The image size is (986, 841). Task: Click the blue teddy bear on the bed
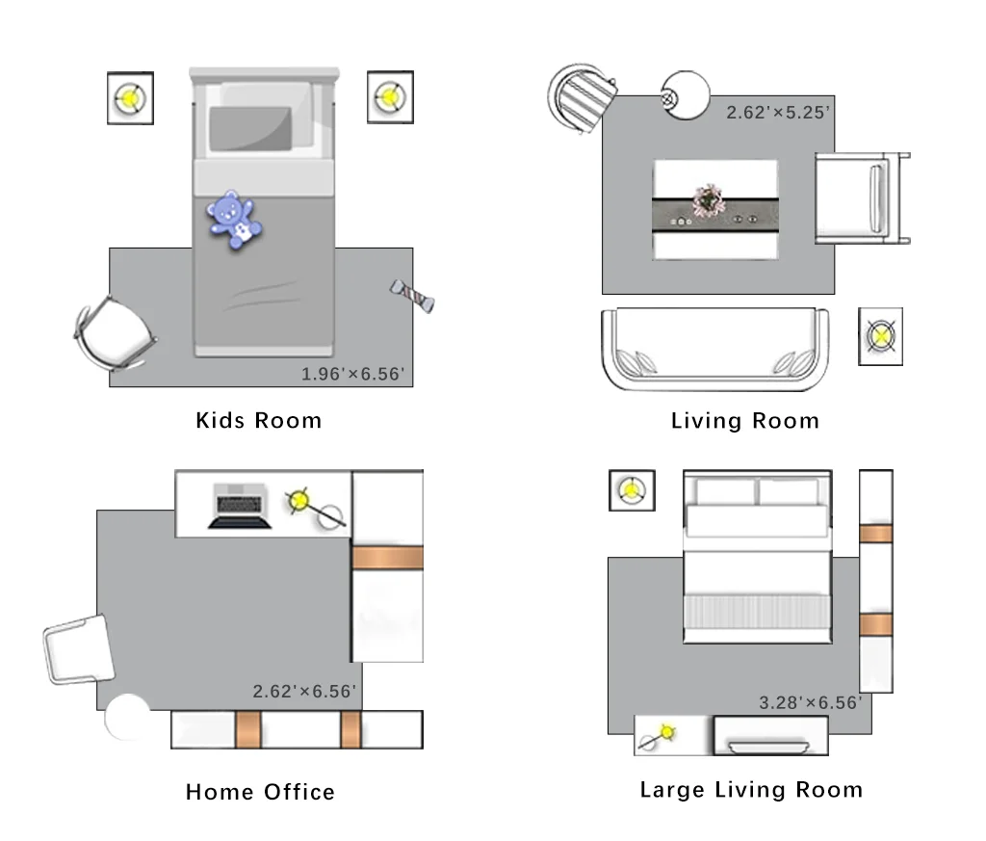coord(234,220)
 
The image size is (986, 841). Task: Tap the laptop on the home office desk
coord(240,506)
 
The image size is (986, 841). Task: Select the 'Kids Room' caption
coord(258,420)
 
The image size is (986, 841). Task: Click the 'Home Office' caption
coord(260,792)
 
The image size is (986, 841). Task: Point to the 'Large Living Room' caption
coord(751,790)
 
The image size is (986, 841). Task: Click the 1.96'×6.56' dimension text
coord(352,375)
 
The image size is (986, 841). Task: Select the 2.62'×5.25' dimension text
coord(778,113)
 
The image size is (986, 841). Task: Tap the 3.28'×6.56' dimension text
coord(811,702)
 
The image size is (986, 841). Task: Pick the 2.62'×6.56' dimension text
coord(304,692)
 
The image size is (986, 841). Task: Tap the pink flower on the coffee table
coord(709,200)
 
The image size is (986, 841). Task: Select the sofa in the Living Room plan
coord(715,349)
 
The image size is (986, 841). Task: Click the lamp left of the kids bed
coord(130,98)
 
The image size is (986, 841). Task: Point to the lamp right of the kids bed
coord(390,97)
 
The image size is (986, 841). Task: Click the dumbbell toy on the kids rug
coord(412,296)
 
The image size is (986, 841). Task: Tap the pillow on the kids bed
coord(250,128)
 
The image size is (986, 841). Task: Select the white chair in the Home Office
coord(79,649)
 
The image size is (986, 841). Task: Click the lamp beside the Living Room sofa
coord(880,336)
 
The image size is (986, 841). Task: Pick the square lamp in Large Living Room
coord(632,490)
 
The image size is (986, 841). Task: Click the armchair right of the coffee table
coord(862,197)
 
